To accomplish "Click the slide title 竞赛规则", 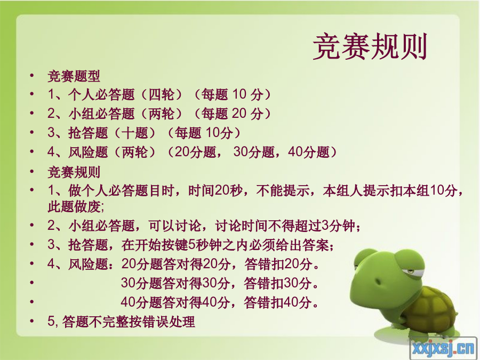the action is [x=370, y=47].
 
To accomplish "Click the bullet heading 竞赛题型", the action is [x=74, y=76].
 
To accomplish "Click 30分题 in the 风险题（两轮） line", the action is [x=254, y=152].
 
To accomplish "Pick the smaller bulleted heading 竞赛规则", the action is [x=74, y=172].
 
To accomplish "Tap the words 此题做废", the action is [x=74, y=206].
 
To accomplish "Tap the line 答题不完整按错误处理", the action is [x=129, y=322].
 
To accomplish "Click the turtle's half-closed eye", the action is [x=407, y=271].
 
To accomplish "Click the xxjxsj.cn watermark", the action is [x=444, y=348].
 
